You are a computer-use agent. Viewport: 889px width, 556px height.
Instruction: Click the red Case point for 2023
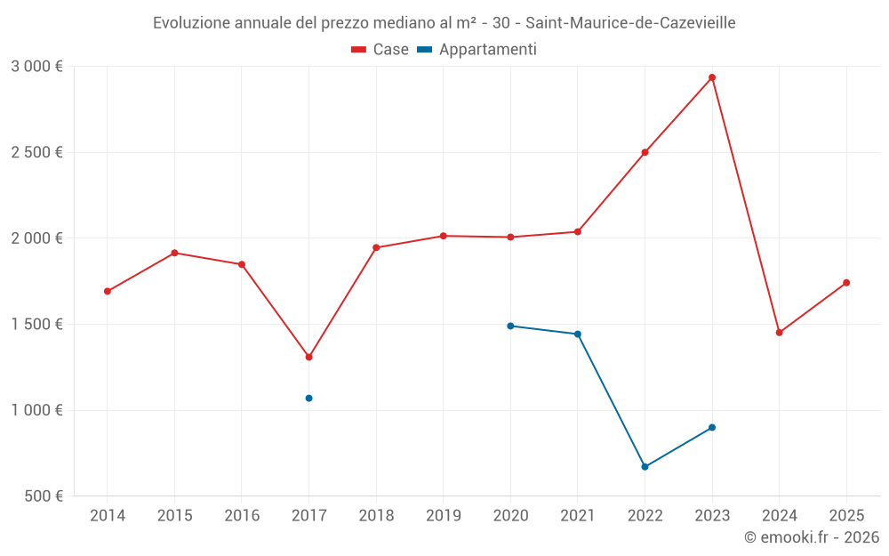pyautogui.click(x=712, y=77)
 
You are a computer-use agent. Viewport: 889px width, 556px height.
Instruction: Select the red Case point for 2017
pyautogui.click(x=308, y=357)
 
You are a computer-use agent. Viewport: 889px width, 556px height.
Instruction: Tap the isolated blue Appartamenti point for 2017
pyautogui.click(x=308, y=398)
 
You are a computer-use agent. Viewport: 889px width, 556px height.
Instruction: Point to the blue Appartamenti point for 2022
pyautogui.click(x=645, y=466)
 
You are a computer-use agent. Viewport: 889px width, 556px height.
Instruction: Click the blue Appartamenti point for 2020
pyautogui.click(x=510, y=326)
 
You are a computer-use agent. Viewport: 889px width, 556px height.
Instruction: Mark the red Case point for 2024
pyautogui.click(x=779, y=333)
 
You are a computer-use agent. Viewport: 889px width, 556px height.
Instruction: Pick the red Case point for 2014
pyautogui.click(x=108, y=291)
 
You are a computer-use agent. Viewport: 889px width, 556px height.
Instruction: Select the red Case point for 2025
pyautogui.click(x=846, y=283)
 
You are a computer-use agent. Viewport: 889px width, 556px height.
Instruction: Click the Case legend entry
pyautogui.click(x=380, y=50)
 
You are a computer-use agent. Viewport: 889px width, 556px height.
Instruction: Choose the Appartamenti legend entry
pyautogui.click(x=477, y=50)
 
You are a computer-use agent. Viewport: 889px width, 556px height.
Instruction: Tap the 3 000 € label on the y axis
pyautogui.click(x=36, y=67)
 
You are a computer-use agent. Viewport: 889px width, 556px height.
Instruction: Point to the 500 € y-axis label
pyautogui.click(x=43, y=496)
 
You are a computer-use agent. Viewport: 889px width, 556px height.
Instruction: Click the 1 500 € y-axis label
pyautogui.click(x=36, y=325)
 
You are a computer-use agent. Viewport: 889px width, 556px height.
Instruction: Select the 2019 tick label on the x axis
pyautogui.click(x=443, y=516)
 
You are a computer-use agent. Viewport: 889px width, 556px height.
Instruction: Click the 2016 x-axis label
pyautogui.click(x=242, y=516)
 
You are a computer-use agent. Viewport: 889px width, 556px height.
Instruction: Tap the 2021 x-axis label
pyautogui.click(x=578, y=516)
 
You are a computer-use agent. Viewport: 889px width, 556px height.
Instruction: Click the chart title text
pyautogui.click(x=444, y=23)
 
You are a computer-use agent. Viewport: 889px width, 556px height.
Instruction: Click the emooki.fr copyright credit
pyautogui.click(x=811, y=537)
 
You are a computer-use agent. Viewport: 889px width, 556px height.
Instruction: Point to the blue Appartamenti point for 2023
pyautogui.click(x=712, y=427)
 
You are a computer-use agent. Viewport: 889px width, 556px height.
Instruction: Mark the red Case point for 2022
pyautogui.click(x=645, y=152)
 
